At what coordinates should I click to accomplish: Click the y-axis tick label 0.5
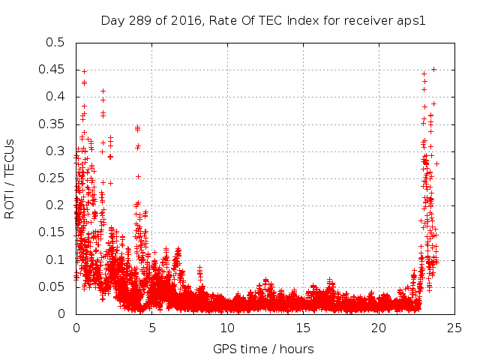click(x=55, y=43)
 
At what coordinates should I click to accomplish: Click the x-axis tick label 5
click(x=152, y=328)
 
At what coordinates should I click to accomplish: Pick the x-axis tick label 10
click(x=228, y=328)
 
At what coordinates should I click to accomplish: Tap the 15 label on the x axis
click(x=304, y=328)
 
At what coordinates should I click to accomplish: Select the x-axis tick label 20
click(x=379, y=328)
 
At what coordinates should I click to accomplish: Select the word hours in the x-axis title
click(x=296, y=349)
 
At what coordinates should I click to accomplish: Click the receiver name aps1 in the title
click(x=412, y=21)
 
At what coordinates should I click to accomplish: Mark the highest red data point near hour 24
click(x=433, y=69)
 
